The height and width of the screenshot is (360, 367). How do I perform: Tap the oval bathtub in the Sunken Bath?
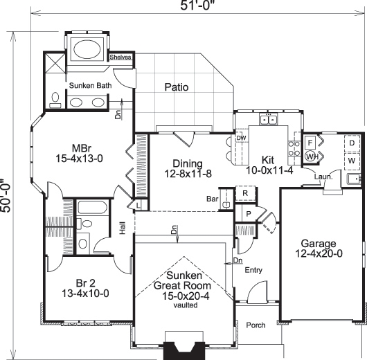[x=87, y=50]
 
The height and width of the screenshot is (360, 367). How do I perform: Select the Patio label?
[x=177, y=87]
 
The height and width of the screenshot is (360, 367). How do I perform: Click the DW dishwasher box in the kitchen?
[x=242, y=138]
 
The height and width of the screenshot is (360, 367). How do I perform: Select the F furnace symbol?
[x=311, y=142]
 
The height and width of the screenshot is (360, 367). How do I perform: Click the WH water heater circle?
[x=311, y=156]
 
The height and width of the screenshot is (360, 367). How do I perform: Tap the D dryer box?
[x=352, y=143]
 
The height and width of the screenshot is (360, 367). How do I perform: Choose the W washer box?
[x=352, y=161]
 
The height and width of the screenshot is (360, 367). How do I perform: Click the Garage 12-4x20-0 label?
[x=319, y=249]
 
